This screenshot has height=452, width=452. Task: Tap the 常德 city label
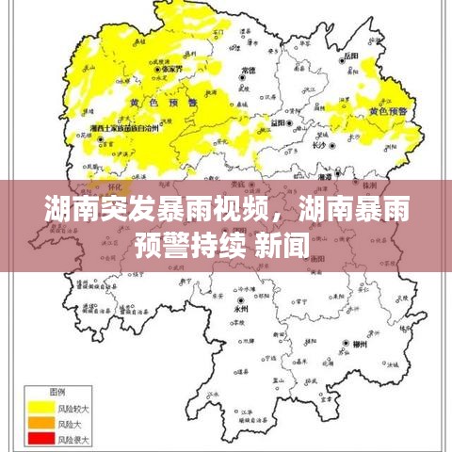248,70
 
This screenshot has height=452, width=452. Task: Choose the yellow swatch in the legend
41,407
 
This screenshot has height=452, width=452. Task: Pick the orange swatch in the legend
41,423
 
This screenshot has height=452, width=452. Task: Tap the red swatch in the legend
41,438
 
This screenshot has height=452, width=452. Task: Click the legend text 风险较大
74,407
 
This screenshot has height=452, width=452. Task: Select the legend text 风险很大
74,439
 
